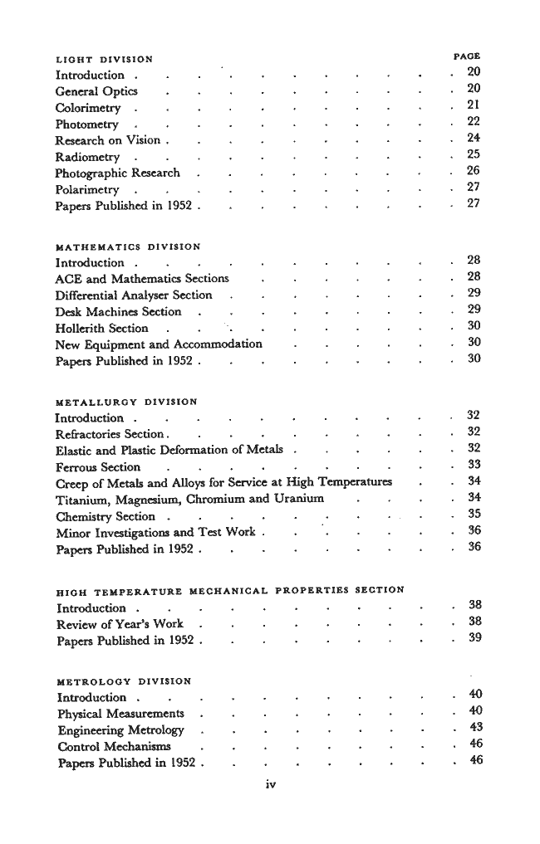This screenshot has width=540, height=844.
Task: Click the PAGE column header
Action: tap(467, 57)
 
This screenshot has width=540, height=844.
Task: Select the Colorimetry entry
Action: tap(87, 108)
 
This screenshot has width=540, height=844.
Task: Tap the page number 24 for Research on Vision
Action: tap(474, 138)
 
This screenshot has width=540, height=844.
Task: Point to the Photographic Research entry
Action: tap(117, 173)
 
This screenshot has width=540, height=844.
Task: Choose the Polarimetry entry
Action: tap(87, 189)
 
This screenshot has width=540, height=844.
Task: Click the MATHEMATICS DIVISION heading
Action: tap(127, 246)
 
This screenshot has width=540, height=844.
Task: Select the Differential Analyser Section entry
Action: tap(134, 295)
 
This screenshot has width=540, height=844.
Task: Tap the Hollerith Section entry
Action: tap(101, 328)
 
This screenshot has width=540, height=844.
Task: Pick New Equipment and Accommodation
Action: tap(159, 344)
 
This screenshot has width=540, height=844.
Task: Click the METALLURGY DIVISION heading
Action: tap(125, 402)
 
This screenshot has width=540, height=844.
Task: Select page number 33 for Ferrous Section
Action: tap(474, 464)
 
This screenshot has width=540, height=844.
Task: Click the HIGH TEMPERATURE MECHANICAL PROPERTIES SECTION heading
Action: tap(229, 590)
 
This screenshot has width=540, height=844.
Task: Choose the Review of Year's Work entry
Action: tap(120, 622)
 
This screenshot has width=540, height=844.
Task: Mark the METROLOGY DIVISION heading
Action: tap(124, 681)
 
